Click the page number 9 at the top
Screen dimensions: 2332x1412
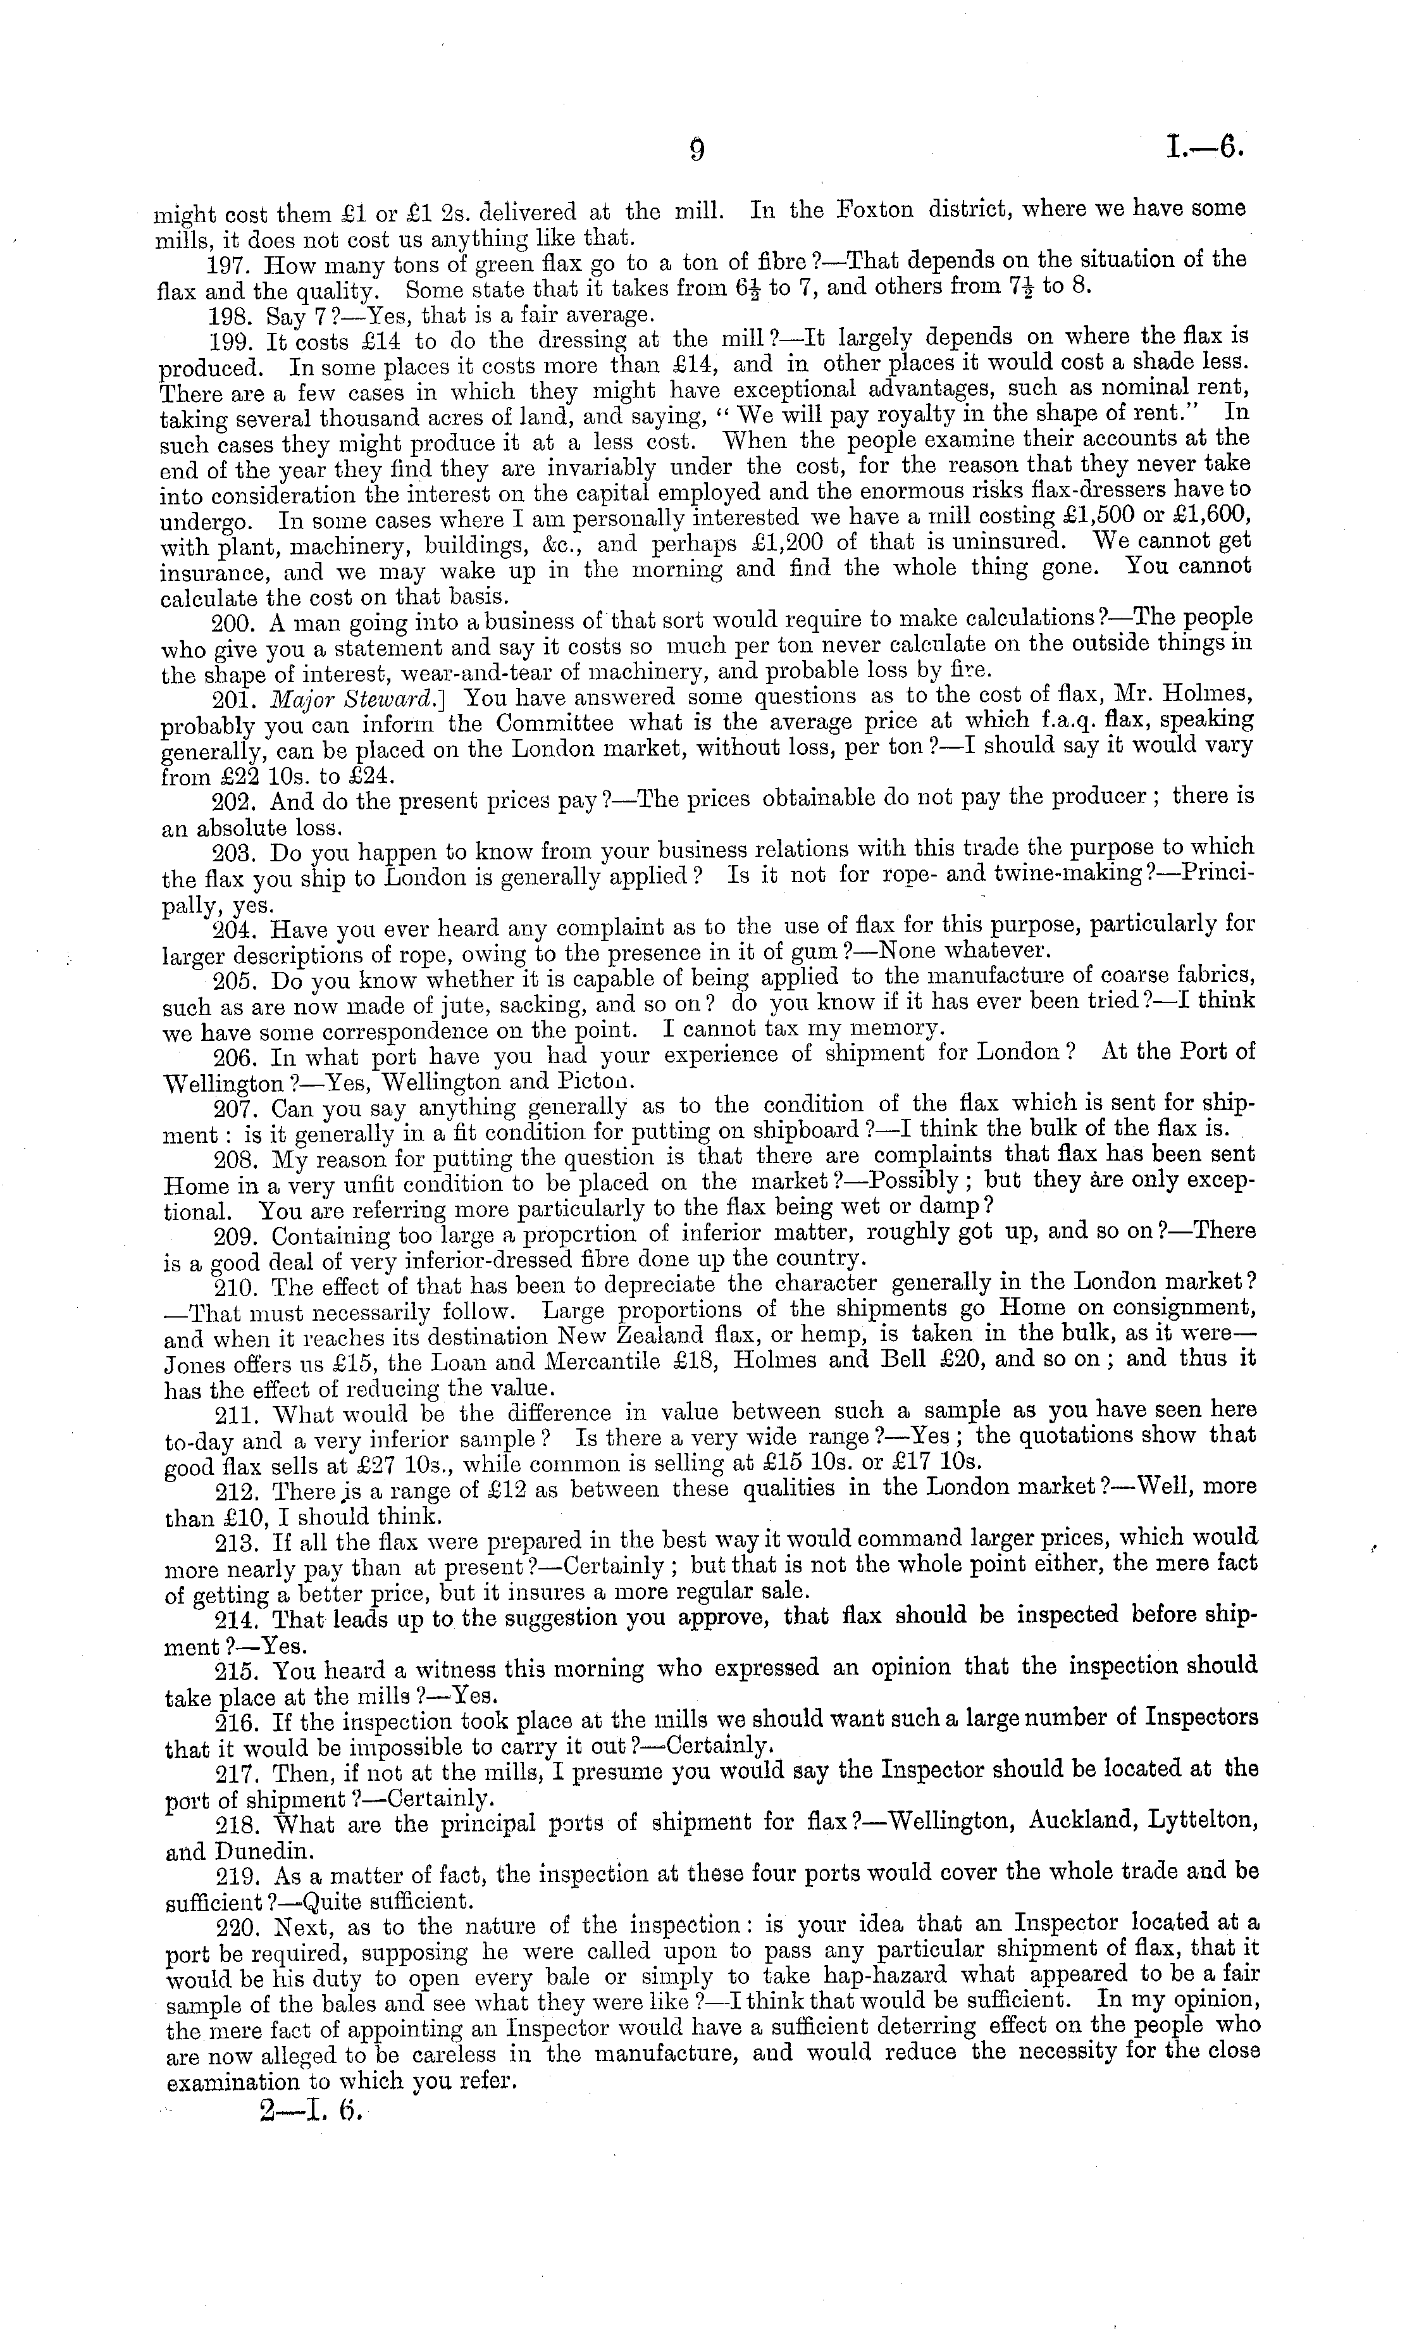697,151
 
